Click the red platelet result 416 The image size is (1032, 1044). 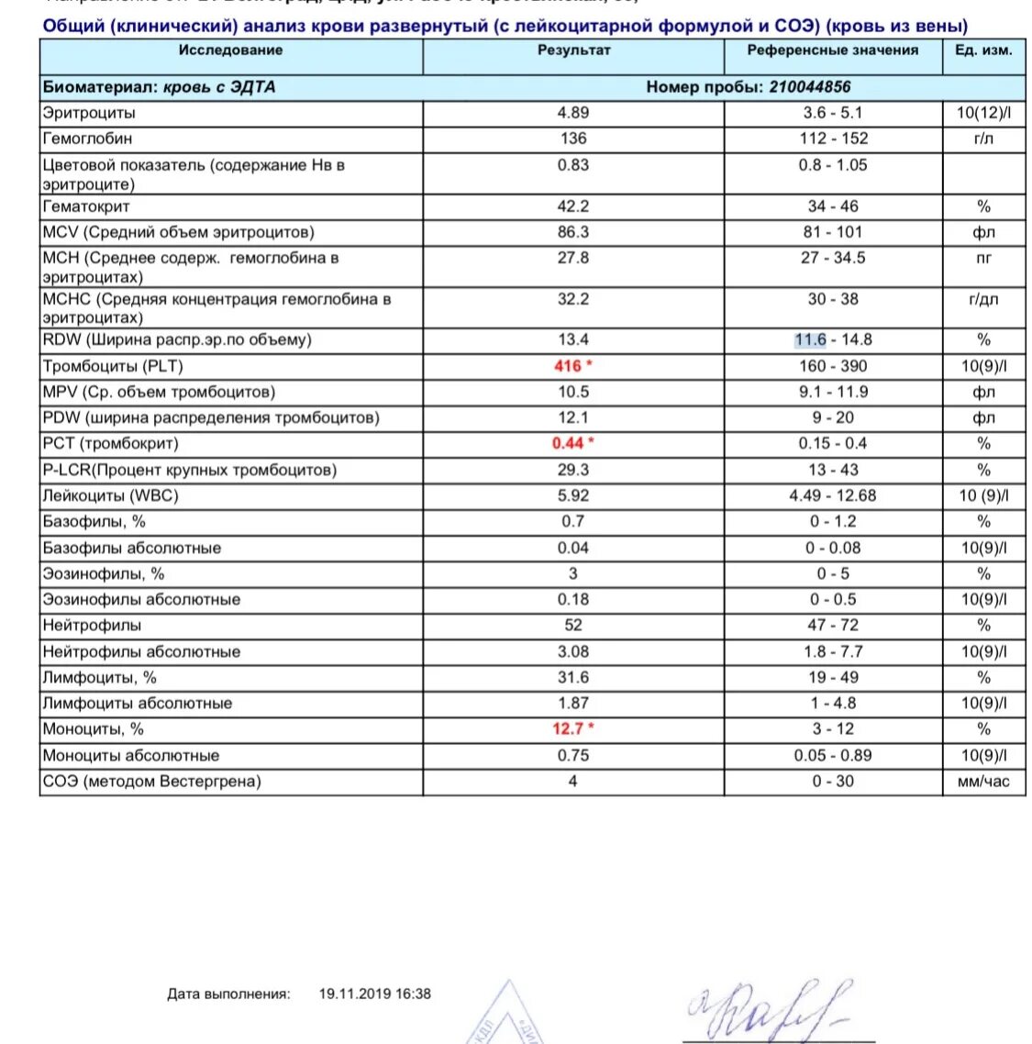point(568,366)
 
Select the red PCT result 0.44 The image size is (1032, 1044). point(568,443)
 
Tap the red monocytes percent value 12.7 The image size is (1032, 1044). point(568,728)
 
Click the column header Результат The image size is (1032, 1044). point(573,50)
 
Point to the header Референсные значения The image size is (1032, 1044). point(832,50)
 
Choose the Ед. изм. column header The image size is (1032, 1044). point(983,50)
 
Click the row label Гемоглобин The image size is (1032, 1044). point(87,139)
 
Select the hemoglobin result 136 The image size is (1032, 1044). point(573,139)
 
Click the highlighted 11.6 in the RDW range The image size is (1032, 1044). point(810,339)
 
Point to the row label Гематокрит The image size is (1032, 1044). point(86,206)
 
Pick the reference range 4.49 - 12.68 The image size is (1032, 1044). point(832,495)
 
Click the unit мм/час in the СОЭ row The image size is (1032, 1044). point(983,782)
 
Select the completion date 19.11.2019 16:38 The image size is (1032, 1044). point(374,994)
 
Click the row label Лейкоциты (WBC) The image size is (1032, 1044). point(110,495)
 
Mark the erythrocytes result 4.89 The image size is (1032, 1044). point(573,113)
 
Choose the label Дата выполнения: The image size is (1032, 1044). point(228,994)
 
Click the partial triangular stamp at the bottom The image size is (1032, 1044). point(508,1016)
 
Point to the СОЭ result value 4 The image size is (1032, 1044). point(573,782)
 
